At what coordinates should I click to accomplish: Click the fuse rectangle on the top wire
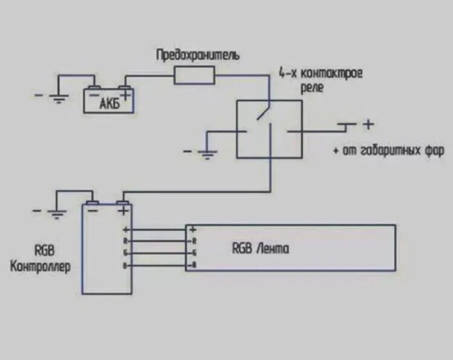click(194, 76)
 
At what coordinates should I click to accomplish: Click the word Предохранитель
click(198, 56)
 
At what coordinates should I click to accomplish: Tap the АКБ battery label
click(109, 104)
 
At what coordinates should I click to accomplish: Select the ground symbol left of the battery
click(58, 98)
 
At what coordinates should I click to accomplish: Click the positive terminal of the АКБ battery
click(125, 91)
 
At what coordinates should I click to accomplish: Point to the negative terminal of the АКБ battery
click(94, 91)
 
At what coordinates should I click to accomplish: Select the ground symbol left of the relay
click(207, 154)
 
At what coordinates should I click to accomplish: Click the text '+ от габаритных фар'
click(388, 150)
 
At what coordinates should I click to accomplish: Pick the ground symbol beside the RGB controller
click(57, 212)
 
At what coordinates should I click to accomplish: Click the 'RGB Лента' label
click(260, 248)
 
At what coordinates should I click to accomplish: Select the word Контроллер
click(40, 266)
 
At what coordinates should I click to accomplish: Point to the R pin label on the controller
click(125, 242)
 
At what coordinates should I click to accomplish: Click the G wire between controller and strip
click(158, 253)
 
